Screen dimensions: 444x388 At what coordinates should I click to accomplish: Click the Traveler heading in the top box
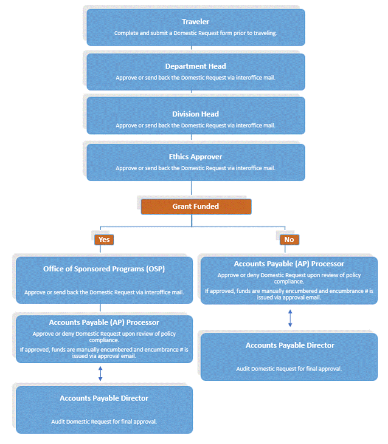(x=196, y=22)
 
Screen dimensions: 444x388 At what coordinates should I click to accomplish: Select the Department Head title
(x=196, y=66)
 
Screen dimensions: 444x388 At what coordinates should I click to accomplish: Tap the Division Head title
(x=196, y=114)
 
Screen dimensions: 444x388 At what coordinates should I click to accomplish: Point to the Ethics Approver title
(x=196, y=157)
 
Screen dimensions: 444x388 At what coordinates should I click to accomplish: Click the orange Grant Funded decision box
(x=196, y=206)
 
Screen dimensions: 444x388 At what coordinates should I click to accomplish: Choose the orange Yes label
(x=104, y=240)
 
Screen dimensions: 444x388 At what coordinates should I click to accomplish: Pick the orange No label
(x=289, y=240)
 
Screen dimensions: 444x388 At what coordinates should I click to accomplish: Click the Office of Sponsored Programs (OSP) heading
(x=104, y=269)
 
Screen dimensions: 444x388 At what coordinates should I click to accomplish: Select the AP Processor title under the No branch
(x=289, y=264)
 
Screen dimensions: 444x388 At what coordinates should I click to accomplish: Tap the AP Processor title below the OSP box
(x=104, y=322)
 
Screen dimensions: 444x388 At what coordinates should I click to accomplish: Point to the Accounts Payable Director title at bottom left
(x=104, y=398)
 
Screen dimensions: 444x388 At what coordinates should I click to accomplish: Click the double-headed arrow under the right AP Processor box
(x=290, y=318)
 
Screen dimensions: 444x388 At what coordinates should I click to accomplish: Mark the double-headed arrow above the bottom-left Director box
(x=100, y=373)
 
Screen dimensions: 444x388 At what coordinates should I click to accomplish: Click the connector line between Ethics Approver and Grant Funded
(x=191, y=189)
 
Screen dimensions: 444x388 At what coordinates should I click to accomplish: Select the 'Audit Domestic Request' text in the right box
(x=289, y=369)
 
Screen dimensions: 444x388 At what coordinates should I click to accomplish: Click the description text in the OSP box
(x=104, y=292)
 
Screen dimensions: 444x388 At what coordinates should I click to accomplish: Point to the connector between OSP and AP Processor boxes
(x=100, y=309)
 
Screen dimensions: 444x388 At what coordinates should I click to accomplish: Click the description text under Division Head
(x=196, y=125)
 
